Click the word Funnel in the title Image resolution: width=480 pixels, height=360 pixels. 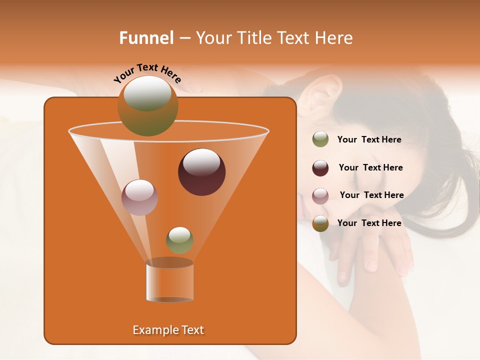(146, 38)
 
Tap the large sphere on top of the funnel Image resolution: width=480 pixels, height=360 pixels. (147, 105)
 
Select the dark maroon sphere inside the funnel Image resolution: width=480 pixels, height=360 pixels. (201, 172)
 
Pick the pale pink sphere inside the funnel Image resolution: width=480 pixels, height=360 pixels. (139, 197)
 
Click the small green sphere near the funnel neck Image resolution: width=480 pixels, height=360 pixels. (179, 240)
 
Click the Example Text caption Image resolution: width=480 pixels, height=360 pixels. (168, 330)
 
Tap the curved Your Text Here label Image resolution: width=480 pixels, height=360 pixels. (147, 73)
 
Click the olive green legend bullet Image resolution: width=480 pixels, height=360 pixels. (320, 139)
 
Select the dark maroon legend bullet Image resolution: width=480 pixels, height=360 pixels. (320, 168)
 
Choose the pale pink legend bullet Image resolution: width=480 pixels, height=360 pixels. (320, 195)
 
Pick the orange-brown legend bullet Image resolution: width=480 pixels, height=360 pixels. (320, 223)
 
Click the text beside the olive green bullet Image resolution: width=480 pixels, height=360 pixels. (369, 139)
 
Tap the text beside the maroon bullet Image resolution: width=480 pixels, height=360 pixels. (370, 167)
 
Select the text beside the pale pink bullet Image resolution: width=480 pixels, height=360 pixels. (371, 195)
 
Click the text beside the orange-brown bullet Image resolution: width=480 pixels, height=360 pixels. (369, 223)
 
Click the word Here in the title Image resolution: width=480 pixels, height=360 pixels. (334, 38)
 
